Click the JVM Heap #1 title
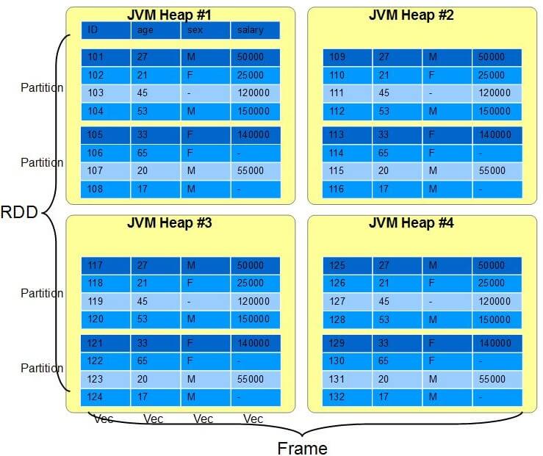coord(169,15)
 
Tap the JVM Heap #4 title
coord(411,222)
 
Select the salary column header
coord(255,30)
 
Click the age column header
coord(156,30)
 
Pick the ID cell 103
coord(106,93)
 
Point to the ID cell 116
coord(347,189)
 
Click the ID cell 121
coord(106,343)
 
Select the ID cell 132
coord(347,397)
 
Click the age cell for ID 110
coord(398,76)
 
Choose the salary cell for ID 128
coord(497,319)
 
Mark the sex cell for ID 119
coord(205,301)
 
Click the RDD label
coord(19,212)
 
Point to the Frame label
coord(302,449)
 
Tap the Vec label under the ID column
coord(104,419)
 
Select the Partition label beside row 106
coord(42,162)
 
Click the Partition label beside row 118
coord(42,293)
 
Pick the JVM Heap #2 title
coord(411,15)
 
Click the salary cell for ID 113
coord(497,135)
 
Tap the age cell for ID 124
coord(156,397)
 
